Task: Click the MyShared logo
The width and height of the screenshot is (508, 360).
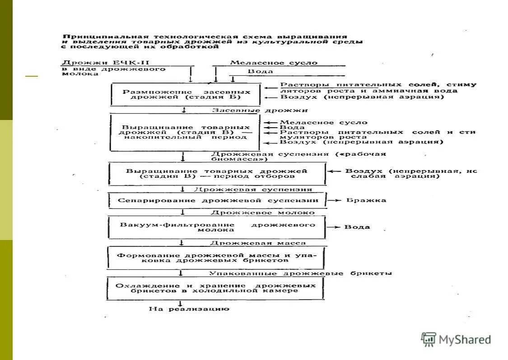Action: [456, 339]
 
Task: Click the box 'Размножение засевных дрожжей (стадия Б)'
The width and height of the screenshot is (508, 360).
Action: [186, 94]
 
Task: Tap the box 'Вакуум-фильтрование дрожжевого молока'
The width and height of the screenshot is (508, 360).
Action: [217, 227]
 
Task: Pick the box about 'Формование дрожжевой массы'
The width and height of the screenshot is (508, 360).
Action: [217, 258]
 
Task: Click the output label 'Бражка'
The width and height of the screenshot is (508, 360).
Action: [366, 200]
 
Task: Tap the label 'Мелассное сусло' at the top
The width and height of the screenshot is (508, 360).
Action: [274, 63]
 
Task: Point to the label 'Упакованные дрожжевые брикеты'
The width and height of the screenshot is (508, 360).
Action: [301, 273]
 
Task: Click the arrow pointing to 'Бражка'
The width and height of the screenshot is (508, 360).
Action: [334, 200]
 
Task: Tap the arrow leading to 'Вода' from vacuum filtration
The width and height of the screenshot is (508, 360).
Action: [334, 227]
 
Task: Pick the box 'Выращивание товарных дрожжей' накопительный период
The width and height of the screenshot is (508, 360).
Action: [185, 132]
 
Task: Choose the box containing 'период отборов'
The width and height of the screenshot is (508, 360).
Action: [217, 174]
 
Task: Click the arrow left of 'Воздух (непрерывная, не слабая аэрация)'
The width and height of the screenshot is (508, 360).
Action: [335, 171]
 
